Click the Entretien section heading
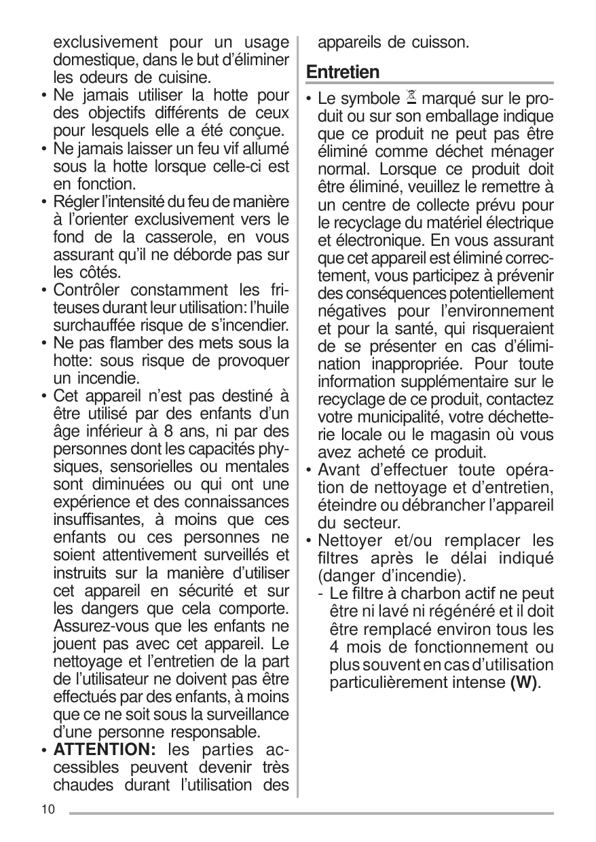pyautogui.click(x=343, y=72)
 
